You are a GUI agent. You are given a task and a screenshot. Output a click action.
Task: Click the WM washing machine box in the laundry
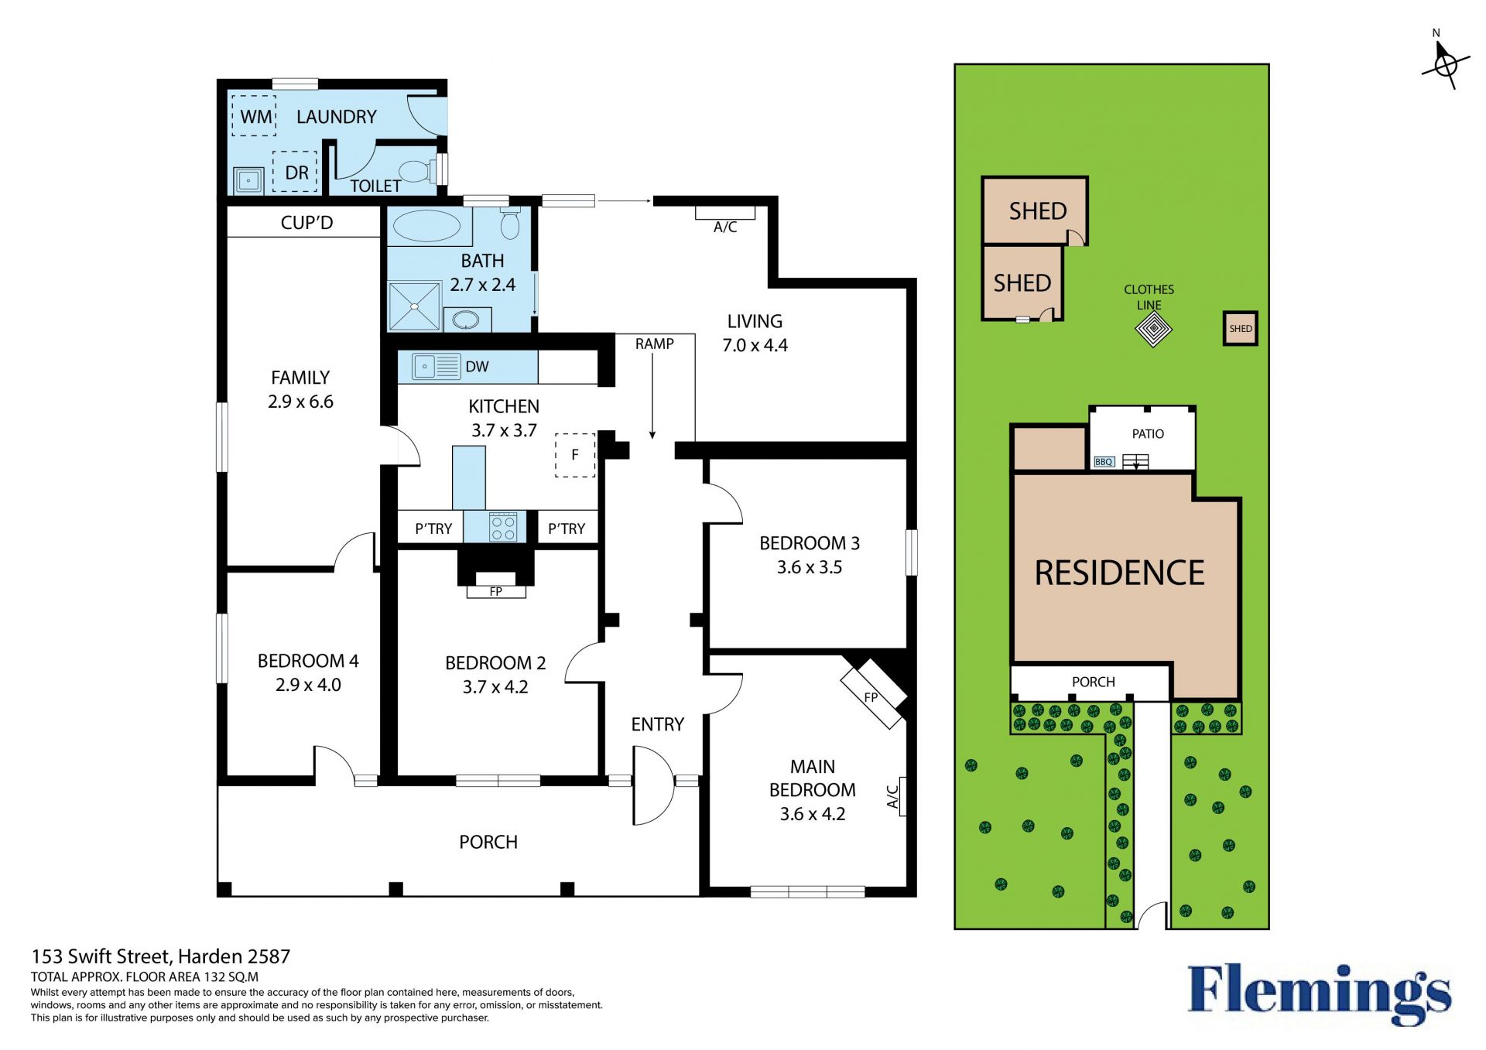pos(254,116)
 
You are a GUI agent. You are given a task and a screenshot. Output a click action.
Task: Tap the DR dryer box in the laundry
pos(295,172)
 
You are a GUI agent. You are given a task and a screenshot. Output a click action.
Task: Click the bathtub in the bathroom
pos(426,226)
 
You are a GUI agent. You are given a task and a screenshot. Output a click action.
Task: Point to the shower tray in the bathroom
pos(414,306)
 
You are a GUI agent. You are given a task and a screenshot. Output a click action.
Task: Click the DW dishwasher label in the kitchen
pos(477,367)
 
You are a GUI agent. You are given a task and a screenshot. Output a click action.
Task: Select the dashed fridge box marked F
pos(575,455)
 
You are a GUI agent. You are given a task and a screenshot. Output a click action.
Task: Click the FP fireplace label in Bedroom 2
pos(496,592)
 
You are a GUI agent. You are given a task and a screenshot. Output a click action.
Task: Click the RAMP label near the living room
pos(655,344)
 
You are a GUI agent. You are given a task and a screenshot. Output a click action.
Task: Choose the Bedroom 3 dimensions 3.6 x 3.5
pos(810,567)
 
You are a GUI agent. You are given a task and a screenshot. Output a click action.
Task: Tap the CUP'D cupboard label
pos(306,223)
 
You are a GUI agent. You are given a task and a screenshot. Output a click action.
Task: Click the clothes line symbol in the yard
pos(1153,330)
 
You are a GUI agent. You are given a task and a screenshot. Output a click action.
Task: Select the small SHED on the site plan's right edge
pos(1240,329)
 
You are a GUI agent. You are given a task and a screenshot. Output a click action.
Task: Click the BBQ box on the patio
pos(1104,462)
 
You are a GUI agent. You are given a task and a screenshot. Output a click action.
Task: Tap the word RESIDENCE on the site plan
pos(1119,573)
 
